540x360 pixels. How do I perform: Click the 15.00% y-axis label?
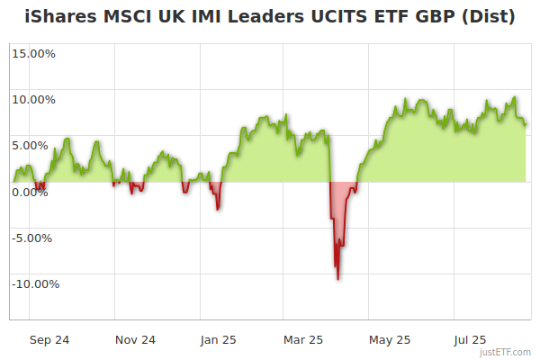33,53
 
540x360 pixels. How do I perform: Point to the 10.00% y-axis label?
33,99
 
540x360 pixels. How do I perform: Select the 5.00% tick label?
36,145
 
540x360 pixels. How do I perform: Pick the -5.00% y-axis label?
34,238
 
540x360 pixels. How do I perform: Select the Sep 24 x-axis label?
50,339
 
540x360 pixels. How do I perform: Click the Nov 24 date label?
136,339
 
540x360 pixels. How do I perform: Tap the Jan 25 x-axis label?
219,339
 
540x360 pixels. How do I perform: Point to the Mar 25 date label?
303,339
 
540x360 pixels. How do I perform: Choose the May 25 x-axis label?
390,339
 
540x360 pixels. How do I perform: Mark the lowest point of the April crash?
337,279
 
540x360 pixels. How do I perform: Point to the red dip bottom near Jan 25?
218,210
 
